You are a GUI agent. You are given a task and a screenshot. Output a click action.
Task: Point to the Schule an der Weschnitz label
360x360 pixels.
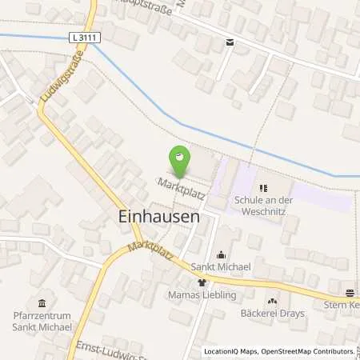pos(260,203)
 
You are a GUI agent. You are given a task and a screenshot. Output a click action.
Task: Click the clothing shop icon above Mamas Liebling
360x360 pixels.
pos(202,282)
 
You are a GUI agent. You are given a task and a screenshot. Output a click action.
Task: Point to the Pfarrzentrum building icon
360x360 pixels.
pos(42,302)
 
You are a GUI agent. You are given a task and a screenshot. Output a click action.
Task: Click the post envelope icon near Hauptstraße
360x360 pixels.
pos(230,42)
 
